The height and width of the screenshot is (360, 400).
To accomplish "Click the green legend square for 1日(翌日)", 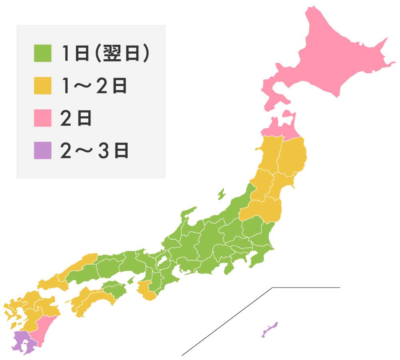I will point(42,54).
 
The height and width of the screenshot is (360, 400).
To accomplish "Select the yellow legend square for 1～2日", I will point(42,86).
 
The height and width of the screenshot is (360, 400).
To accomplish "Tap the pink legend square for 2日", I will point(42,118).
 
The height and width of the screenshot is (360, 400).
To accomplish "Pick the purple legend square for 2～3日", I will point(42,150).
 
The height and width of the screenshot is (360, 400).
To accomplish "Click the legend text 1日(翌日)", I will point(106,54).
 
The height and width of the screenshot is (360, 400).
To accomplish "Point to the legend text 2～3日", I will point(94,150).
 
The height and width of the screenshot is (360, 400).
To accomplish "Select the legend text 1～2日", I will point(94,86).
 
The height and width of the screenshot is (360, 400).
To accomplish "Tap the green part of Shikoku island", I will point(115,289).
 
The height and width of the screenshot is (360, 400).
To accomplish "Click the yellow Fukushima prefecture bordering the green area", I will point(264,210).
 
